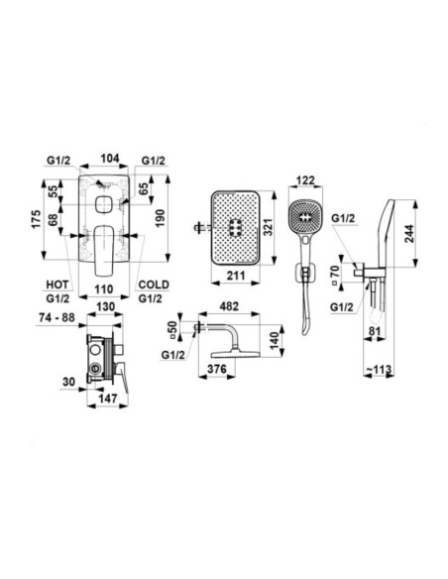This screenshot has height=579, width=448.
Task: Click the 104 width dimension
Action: [110, 159]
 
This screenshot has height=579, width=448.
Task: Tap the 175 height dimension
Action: [36, 219]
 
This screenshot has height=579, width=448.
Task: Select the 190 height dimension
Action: [160, 218]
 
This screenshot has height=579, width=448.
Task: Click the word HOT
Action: [57, 285]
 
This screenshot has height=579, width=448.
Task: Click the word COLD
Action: [154, 285]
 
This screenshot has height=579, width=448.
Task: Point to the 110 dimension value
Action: [103, 289]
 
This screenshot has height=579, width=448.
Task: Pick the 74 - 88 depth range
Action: [56, 317]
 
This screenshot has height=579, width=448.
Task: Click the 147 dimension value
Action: [108, 399]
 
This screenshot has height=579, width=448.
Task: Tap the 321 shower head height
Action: [267, 227]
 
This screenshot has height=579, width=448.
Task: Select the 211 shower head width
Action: [236, 276]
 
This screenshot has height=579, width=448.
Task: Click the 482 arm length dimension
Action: [229, 306]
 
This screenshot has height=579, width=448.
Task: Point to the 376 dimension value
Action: [217, 369]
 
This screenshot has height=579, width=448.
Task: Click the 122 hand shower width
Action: [306, 180]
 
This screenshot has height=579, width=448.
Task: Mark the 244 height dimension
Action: [409, 233]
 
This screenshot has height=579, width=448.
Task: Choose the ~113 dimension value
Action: [379, 369]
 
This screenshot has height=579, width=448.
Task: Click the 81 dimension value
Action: [375, 331]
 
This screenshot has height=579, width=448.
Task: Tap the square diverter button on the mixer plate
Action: [104, 205]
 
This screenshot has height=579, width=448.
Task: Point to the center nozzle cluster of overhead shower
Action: [235, 227]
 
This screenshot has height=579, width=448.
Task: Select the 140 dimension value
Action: [274, 340]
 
